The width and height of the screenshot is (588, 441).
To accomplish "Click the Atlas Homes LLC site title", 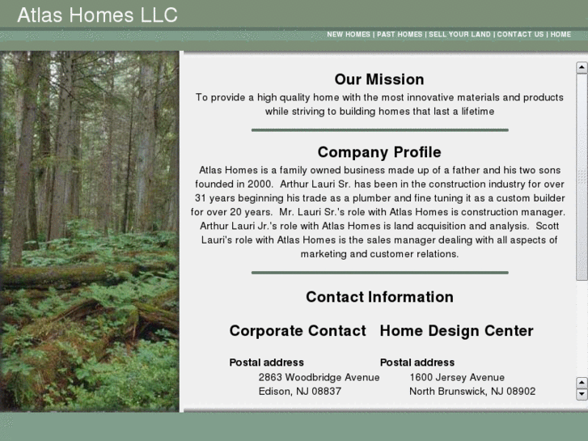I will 97,15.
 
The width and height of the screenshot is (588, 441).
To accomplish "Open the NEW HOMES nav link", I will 348,35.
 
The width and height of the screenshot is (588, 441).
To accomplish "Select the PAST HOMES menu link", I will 400,35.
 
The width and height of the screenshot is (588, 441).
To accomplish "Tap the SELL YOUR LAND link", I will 459,35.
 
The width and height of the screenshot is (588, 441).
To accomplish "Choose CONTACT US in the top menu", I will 520,35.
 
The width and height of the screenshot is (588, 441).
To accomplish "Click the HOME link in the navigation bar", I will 561,35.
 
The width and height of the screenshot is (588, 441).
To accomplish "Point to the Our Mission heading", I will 379,79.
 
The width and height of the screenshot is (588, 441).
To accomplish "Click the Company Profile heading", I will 379,152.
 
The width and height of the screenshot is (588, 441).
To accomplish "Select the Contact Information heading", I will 379,297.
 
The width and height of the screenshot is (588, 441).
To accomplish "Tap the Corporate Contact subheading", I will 298,331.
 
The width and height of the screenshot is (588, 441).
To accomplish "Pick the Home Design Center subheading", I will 456,331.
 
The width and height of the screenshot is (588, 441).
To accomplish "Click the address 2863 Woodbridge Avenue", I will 319,377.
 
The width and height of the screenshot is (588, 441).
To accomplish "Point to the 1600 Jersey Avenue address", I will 457,377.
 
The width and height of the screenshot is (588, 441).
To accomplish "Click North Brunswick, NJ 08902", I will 472,391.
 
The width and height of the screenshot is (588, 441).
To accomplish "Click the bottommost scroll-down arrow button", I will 582,394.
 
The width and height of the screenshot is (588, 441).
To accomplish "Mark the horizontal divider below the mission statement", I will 379,129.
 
